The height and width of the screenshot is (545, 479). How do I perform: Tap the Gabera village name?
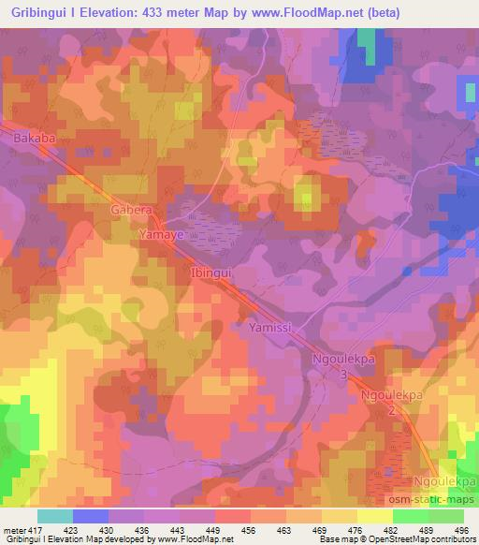[131, 211]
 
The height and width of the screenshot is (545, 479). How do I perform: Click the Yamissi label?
[273, 329]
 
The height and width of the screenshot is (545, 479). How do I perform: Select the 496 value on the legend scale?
[464, 529]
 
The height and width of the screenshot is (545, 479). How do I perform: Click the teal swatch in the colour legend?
[55, 516]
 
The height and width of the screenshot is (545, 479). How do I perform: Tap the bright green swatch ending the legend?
[446, 516]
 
